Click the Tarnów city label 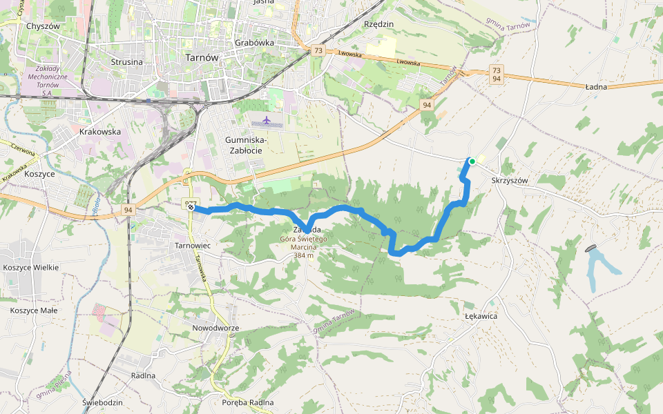point(202,58)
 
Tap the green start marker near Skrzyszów point(472,161)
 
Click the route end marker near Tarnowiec point(191,206)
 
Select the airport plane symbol point(267,121)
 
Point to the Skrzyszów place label point(510,181)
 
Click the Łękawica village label point(481,316)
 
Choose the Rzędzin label point(378,24)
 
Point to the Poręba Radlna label point(249,402)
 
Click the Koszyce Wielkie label point(30,267)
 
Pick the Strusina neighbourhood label point(126,62)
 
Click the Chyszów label point(43,26)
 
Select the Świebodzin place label point(102,402)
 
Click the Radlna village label point(142,376)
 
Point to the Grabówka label point(254,42)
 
